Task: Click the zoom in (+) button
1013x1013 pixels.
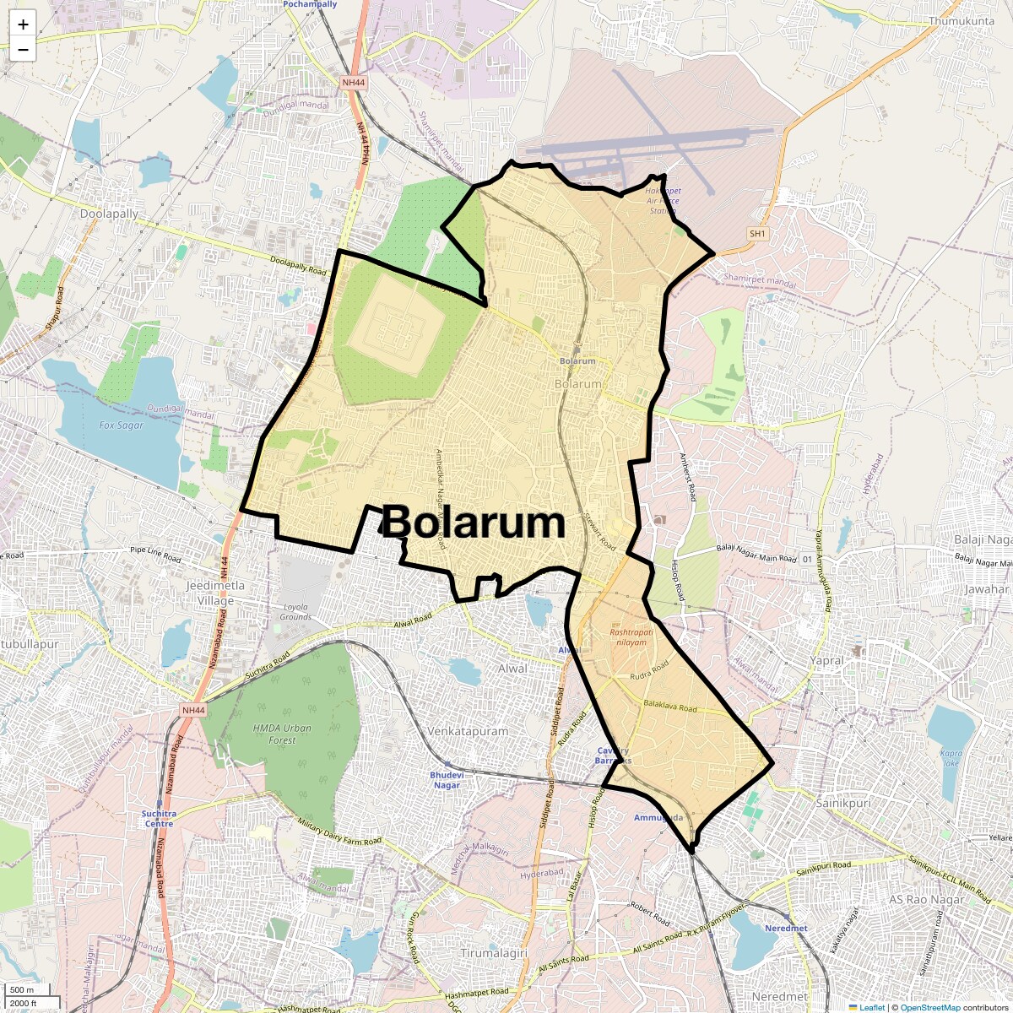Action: (x=23, y=24)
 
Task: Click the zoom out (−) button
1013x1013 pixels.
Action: (x=23, y=49)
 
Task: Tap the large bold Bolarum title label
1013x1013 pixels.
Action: (x=473, y=523)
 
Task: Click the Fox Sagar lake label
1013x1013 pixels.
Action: (x=122, y=425)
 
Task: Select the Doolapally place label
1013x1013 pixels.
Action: (x=109, y=214)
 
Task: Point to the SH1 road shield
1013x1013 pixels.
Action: (x=757, y=234)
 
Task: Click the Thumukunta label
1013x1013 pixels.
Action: (x=961, y=21)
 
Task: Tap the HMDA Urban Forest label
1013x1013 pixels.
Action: (x=282, y=734)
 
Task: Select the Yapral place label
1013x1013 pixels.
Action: (x=826, y=660)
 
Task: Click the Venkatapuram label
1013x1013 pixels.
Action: (x=468, y=731)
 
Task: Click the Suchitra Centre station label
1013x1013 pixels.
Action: (x=159, y=819)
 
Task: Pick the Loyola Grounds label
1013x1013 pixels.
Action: (x=295, y=612)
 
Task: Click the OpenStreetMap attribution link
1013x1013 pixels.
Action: (x=929, y=1007)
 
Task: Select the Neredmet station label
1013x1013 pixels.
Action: (x=786, y=928)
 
